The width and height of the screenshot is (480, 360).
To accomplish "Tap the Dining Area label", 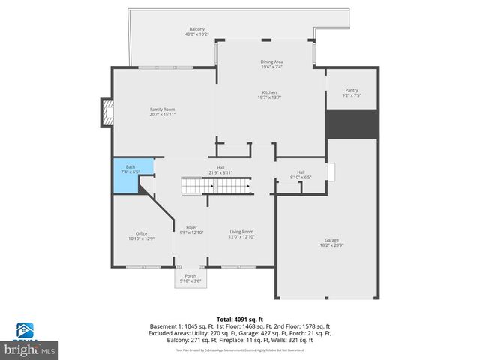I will pos(271,64).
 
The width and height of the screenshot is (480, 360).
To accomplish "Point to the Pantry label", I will pos(351,92).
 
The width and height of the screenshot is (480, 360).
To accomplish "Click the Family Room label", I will pos(162,112).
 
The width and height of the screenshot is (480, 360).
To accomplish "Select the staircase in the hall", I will pos(216,184).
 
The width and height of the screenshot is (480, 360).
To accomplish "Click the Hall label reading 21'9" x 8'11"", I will pos(220,170).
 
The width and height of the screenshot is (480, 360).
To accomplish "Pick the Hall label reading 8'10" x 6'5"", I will pos(300,175).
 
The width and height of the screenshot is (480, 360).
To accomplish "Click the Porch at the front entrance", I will pos(185,278).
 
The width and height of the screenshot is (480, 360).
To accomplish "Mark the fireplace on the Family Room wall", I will pos(106,114).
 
